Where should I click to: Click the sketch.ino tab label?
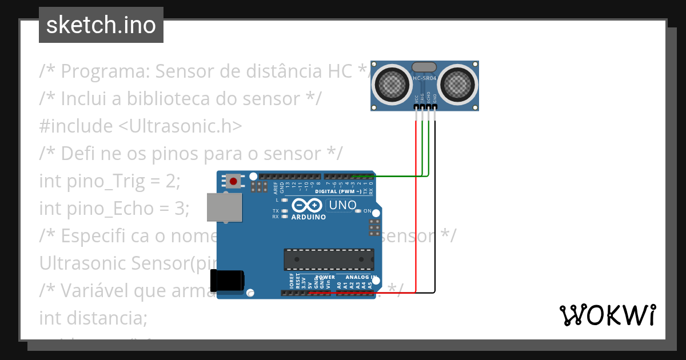coord(101,25)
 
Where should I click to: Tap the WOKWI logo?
coord(607,315)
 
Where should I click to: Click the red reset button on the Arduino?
coord(233,182)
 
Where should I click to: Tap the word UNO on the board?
coord(344,205)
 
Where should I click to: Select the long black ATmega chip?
coord(329,259)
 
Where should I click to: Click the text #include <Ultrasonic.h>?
coord(141,126)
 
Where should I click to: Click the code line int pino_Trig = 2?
coord(110,181)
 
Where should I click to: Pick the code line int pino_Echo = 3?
coord(114,209)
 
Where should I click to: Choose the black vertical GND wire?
coord(435,200)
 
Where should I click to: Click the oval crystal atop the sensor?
coord(424,66)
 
